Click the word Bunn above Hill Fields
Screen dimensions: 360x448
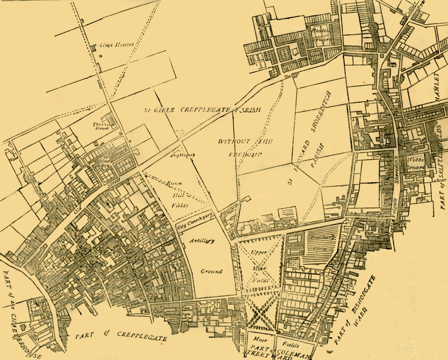click(x=175, y=183)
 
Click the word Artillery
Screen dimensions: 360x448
click(x=202, y=241)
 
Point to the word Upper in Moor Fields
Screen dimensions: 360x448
click(x=258, y=252)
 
